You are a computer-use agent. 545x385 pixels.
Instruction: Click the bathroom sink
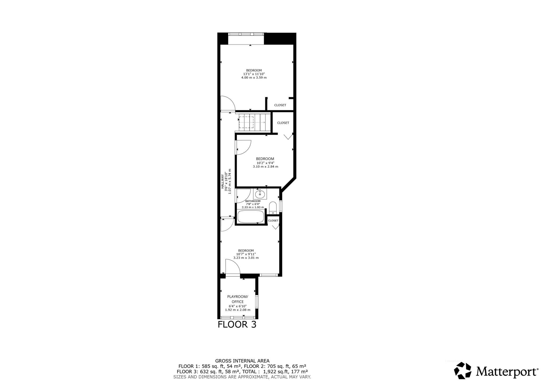tap(260, 194)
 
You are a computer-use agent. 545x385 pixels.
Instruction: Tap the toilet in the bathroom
tap(273, 208)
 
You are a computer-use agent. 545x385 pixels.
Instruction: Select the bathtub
tap(250, 216)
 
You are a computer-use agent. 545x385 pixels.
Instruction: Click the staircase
tap(254, 122)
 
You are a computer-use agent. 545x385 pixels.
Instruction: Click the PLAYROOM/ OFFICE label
tap(238, 299)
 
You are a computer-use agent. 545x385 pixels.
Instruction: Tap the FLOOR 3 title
tap(237, 325)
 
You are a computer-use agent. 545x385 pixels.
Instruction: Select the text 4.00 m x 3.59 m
tap(254, 78)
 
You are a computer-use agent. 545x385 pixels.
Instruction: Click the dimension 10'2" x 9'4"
tap(265, 163)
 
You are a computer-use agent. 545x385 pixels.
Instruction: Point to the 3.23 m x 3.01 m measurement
tap(246, 258)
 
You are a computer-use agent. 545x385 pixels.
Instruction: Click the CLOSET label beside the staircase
tap(283, 123)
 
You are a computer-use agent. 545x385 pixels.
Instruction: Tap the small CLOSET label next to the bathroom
tap(273, 221)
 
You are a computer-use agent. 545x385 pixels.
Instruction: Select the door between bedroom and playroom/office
tap(232, 267)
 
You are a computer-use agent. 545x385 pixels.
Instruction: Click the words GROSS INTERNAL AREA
tap(242, 361)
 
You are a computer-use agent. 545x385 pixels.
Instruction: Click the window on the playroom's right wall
tap(257, 302)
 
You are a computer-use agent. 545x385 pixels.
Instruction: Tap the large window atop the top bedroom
tap(246, 34)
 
